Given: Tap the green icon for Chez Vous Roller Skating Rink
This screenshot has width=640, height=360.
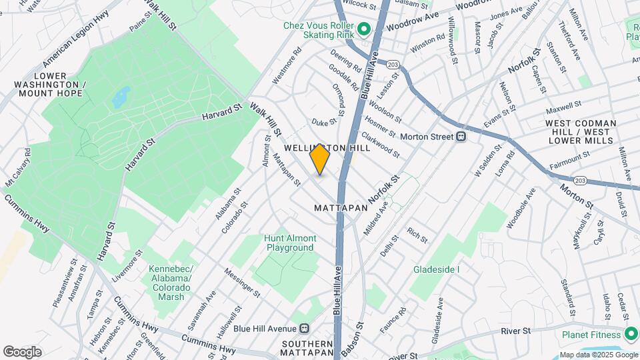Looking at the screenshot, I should (x=364, y=29).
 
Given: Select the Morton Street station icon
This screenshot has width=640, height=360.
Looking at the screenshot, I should (x=460, y=137).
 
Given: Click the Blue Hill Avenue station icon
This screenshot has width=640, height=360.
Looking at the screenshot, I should (x=305, y=328).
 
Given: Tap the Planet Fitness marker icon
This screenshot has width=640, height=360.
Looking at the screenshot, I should (x=631, y=334).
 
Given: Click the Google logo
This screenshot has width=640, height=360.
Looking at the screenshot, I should (x=22, y=351).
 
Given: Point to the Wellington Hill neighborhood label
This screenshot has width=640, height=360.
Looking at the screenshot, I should (x=317, y=147).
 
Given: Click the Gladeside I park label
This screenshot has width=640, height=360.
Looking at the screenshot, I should (x=437, y=269).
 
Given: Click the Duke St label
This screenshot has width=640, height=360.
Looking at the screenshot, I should (x=325, y=122).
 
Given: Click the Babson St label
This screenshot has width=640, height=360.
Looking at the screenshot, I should (x=352, y=338).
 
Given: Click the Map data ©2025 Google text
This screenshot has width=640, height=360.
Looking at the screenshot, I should (x=599, y=355).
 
